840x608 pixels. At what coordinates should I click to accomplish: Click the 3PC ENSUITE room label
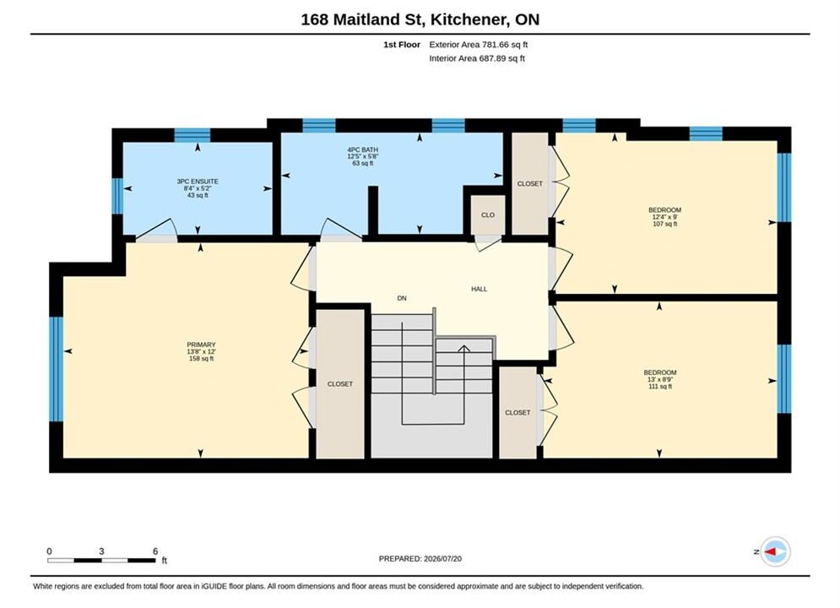click(x=198, y=182)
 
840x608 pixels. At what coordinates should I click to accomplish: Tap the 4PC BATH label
click(x=363, y=150)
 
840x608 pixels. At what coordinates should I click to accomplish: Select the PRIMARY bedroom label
click(x=202, y=345)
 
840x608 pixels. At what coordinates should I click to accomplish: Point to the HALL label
click(x=479, y=289)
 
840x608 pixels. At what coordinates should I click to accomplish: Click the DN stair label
click(x=402, y=298)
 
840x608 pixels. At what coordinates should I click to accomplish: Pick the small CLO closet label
click(x=487, y=214)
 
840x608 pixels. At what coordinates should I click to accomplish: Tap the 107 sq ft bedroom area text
click(x=664, y=224)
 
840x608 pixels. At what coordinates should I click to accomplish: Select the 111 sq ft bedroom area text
click(x=660, y=386)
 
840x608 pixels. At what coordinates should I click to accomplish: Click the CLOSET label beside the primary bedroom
click(x=340, y=383)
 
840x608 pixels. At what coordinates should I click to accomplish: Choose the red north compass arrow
click(x=771, y=551)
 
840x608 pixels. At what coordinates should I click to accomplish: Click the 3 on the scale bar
click(x=101, y=551)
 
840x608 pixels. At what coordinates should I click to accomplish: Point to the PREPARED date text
click(x=420, y=559)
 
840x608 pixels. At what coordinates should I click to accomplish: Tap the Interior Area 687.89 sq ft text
click(x=477, y=58)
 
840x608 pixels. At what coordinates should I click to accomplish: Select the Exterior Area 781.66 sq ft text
click(x=479, y=45)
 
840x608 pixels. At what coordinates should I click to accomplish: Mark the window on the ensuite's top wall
click(x=192, y=135)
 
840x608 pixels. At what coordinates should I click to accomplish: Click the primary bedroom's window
click(x=56, y=369)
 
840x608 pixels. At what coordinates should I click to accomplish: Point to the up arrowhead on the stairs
click(x=464, y=349)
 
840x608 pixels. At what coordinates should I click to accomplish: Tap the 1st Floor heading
click(x=402, y=45)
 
